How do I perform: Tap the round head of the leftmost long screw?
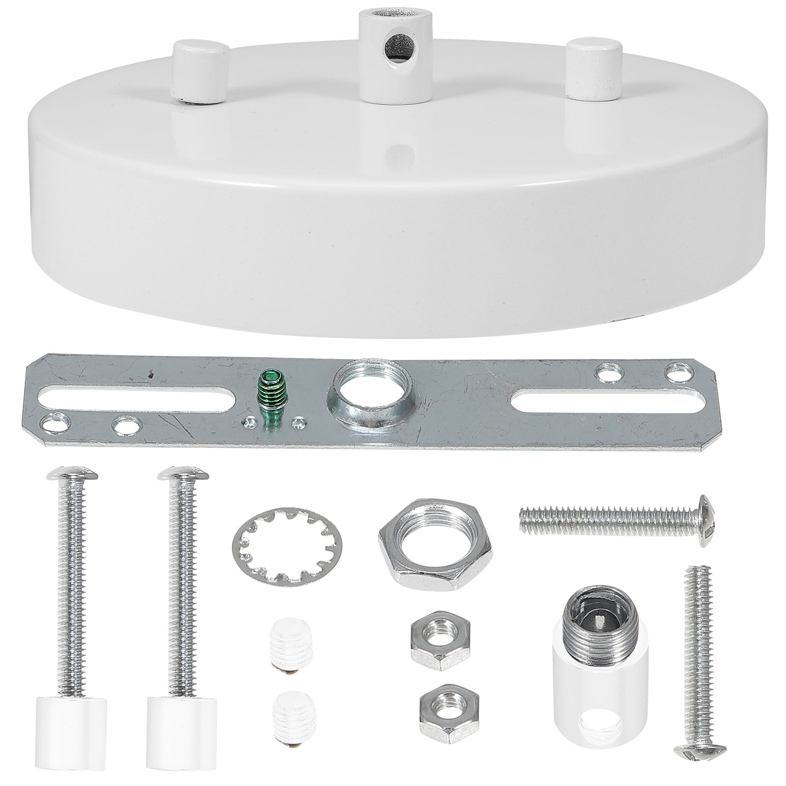(x=72, y=475)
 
